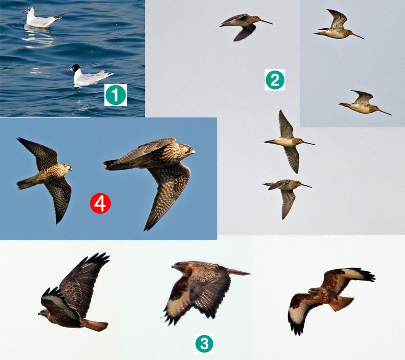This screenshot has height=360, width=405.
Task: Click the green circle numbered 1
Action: point(116,95)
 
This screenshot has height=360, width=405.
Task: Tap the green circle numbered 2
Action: point(275,80)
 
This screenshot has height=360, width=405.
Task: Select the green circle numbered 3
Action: point(204,343)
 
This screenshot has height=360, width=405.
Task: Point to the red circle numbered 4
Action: point(100,203)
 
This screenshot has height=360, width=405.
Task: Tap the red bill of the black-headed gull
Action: point(69,70)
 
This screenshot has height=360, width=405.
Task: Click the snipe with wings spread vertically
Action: point(289,141)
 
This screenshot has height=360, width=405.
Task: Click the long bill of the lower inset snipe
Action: point(385,112)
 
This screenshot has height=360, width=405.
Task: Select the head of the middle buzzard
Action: point(178,266)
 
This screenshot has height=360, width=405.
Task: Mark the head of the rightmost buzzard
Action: point(313,292)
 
